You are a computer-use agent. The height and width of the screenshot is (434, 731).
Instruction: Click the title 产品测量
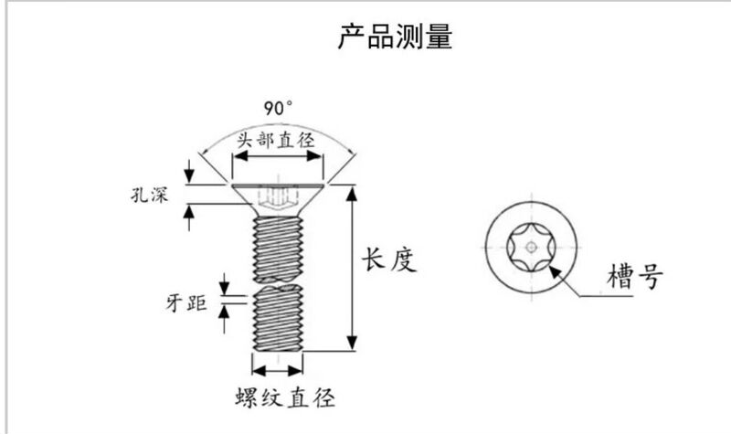pyautogui.click(x=396, y=37)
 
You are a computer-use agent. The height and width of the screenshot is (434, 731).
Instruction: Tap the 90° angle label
pyautogui.click(x=279, y=108)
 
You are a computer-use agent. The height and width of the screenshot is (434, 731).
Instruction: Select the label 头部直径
pyautogui.click(x=276, y=141)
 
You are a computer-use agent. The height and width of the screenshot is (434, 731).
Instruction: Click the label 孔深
pyautogui.click(x=149, y=195)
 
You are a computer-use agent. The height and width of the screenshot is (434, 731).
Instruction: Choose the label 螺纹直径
pyautogui.click(x=282, y=398)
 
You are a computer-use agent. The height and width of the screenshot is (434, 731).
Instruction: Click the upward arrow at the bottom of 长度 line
pyautogui.click(x=351, y=343)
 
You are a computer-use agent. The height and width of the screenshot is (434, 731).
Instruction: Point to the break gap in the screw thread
pyautogui.click(x=277, y=279)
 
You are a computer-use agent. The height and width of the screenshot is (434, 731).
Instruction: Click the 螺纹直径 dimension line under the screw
pyautogui.click(x=277, y=370)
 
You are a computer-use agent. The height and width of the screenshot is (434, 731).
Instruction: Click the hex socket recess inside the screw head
pyautogui.click(x=277, y=196)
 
